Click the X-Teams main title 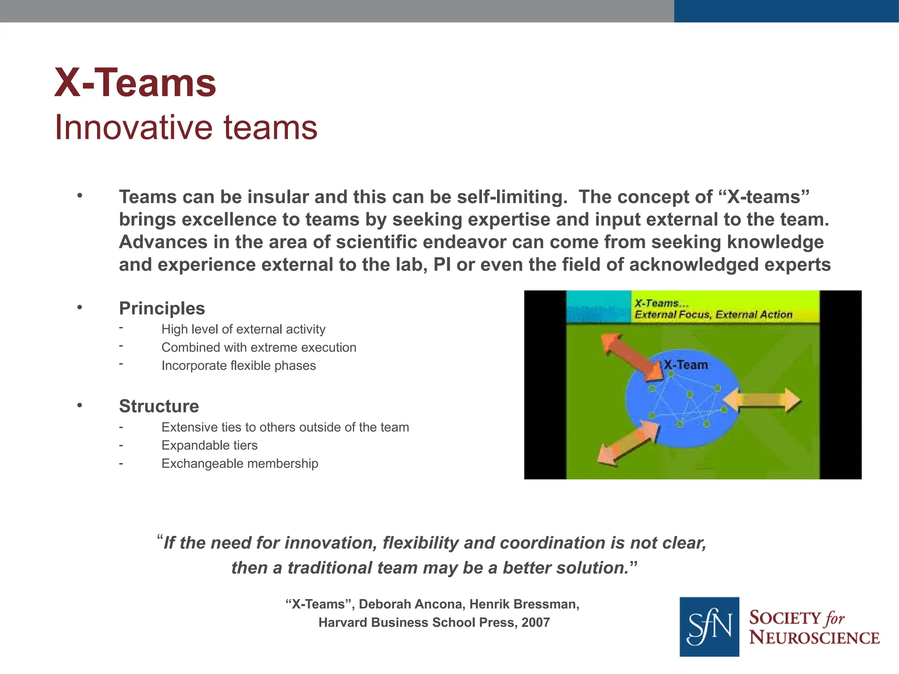pos(135,83)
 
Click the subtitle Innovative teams pos(186,128)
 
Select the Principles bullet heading pos(162,308)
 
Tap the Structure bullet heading pos(158,406)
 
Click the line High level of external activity pos(243,329)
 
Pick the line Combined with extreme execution pos(259,348)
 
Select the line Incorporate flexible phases pos(238,366)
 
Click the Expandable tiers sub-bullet pos(209,445)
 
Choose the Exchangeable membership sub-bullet pos(240,463)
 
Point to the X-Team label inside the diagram pos(685,365)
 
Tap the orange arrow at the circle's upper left pos(632,356)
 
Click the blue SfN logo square pos(709,627)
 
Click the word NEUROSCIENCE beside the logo pos(814,638)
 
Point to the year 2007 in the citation pos(536,623)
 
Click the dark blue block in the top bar pos(786,11)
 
